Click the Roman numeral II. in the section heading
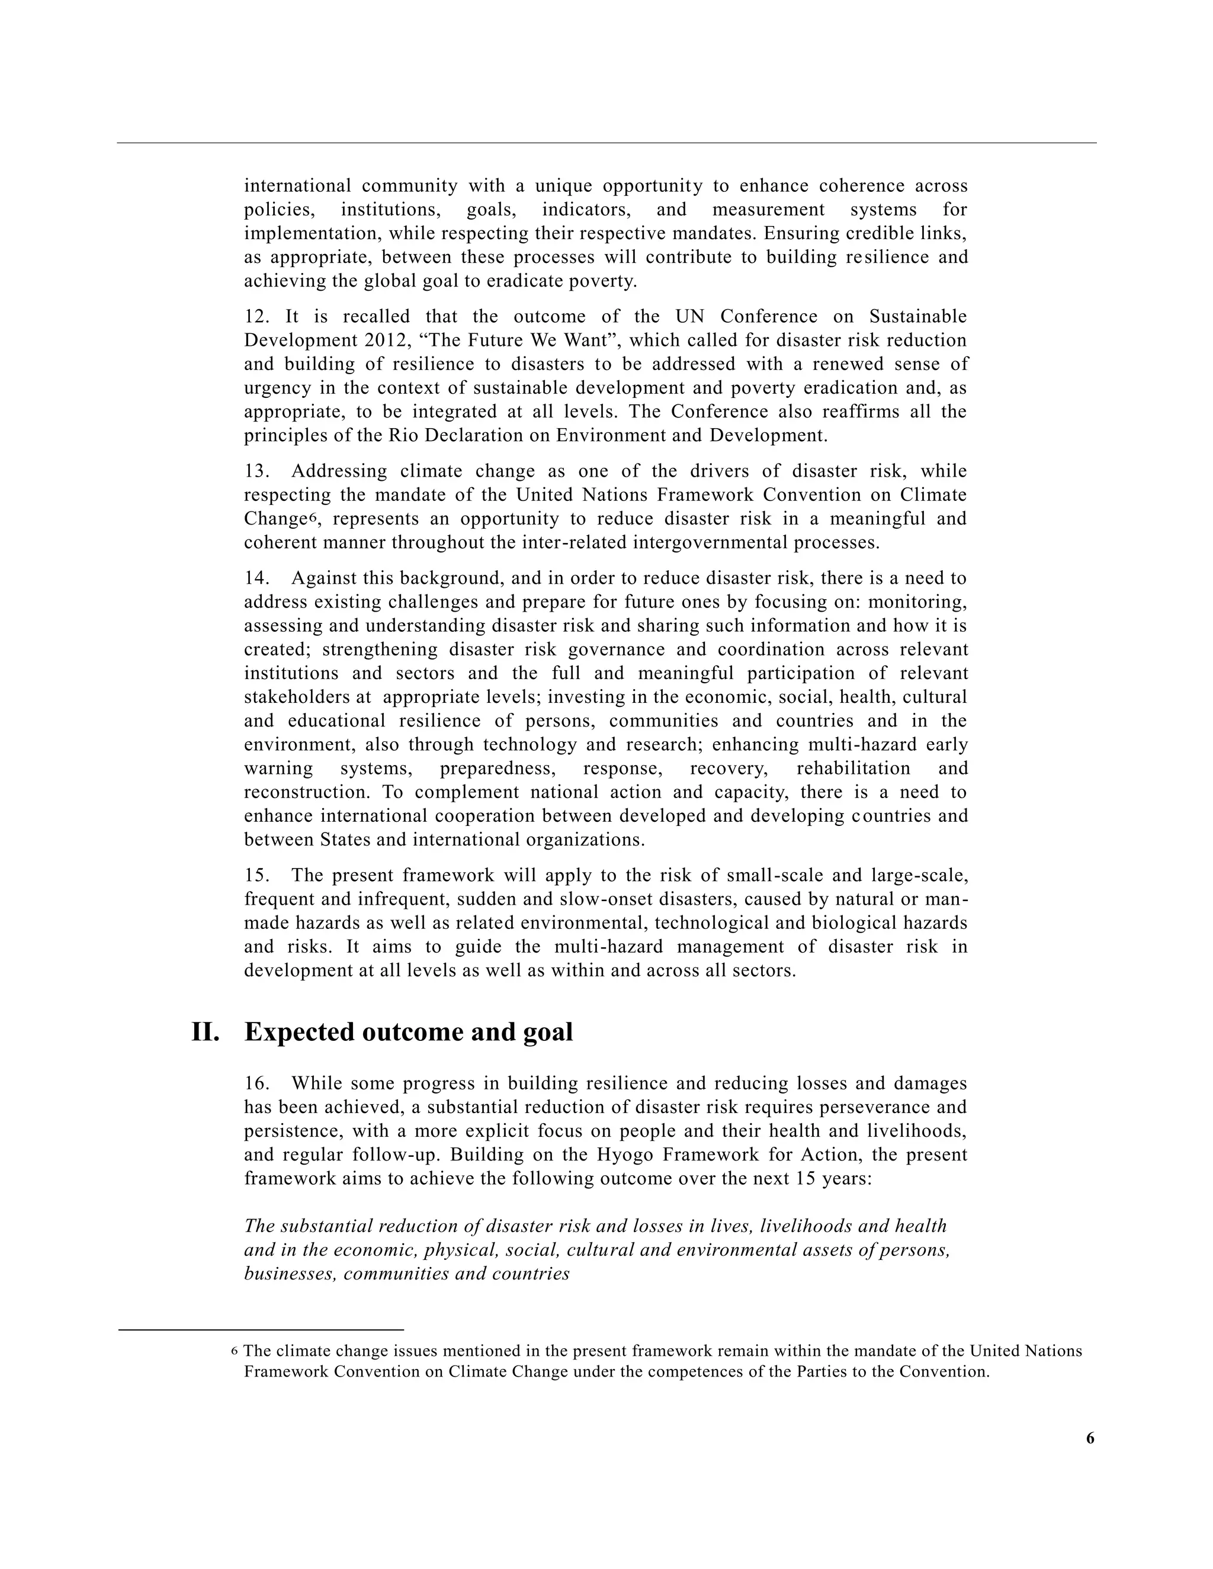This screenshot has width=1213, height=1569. pos(205,1033)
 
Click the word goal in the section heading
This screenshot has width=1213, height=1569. pos(546,1033)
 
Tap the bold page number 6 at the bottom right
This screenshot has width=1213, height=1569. pos(1090,1438)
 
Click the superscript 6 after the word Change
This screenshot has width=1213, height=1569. pos(312,516)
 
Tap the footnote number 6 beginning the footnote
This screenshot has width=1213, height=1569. pos(235,1351)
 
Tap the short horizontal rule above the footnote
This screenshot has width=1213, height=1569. pos(261,1330)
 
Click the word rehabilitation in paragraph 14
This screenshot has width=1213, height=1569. pos(853,769)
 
